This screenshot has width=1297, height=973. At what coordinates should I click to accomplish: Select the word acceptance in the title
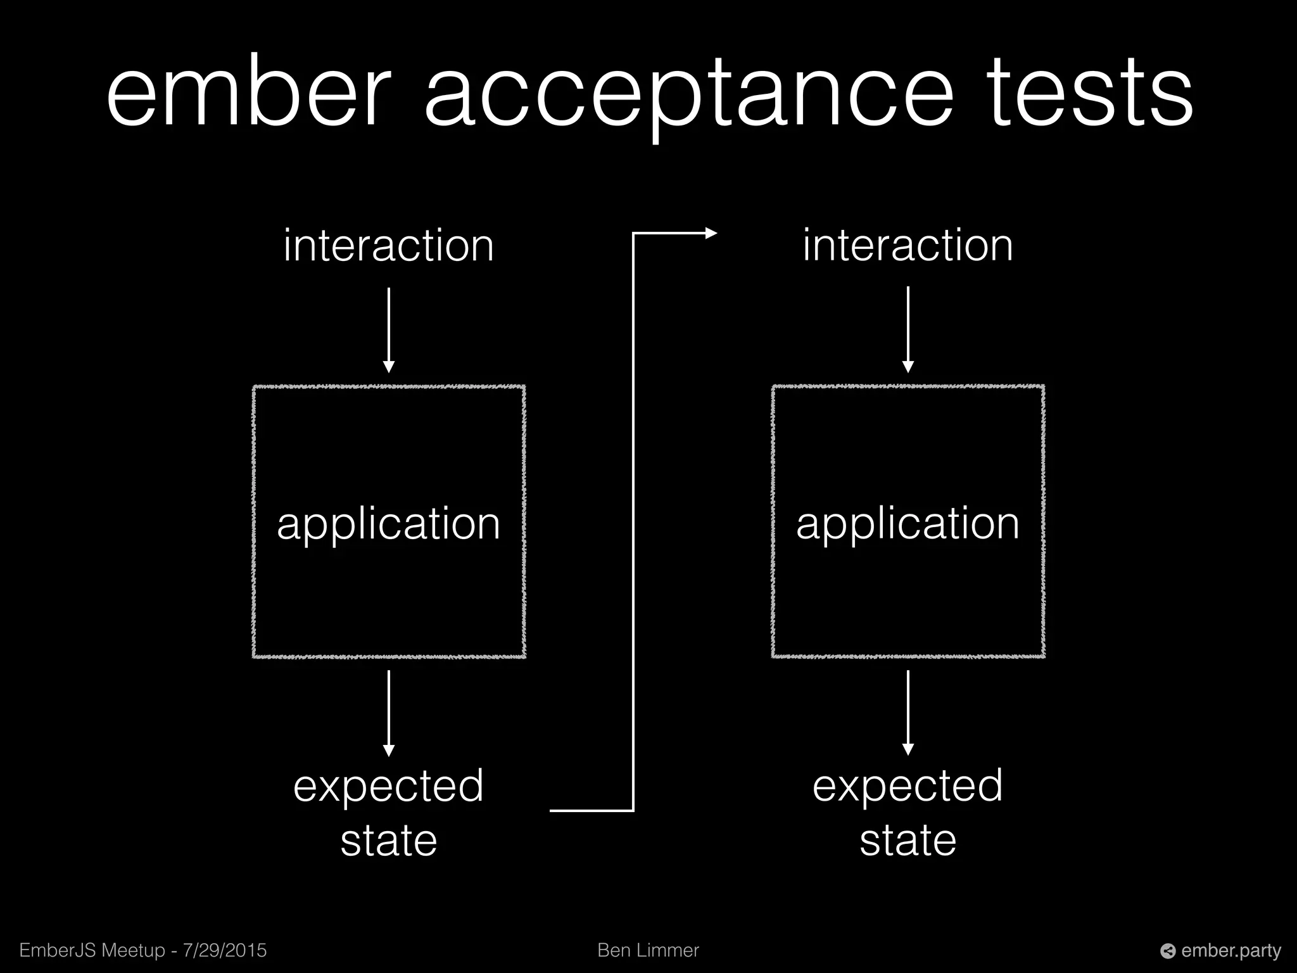click(x=688, y=95)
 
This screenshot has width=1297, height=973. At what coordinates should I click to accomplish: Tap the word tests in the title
click(x=1089, y=94)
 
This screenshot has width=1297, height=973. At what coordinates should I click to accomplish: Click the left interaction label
click(x=388, y=246)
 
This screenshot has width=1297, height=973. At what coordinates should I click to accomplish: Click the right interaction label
click(x=908, y=246)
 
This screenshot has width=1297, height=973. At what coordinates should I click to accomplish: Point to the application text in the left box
click(x=388, y=524)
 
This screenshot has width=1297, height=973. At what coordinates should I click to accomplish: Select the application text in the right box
click(x=908, y=524)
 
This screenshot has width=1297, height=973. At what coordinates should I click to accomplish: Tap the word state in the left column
click(x=388, y=841)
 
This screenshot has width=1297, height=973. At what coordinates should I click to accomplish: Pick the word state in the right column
click(x=908, y=841)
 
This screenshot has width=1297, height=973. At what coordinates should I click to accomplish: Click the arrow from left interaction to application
click(x=389, y=329)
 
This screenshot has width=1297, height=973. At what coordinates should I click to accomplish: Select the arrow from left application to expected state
click(x=389, y=713)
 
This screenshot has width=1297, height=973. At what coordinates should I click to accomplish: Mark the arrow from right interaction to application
click(x=908, y=329)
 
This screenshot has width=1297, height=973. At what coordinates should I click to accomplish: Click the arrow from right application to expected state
click(x=908, y=713)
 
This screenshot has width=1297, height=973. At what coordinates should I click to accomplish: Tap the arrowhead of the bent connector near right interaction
click(x=711, y=233)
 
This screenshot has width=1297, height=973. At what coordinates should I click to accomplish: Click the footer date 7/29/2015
click(x=224, y=950)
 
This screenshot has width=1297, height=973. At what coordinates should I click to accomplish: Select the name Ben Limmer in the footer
click(x=648, y=950)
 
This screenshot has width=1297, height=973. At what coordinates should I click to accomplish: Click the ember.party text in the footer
click(x=1231, y=950)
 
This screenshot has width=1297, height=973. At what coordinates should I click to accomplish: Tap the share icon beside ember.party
click(x=1168, y=951)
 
